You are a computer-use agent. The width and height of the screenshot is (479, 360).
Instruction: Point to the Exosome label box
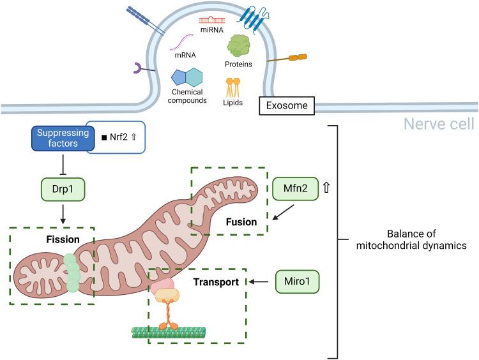287,105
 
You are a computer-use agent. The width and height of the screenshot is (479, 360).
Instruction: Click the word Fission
62,240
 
